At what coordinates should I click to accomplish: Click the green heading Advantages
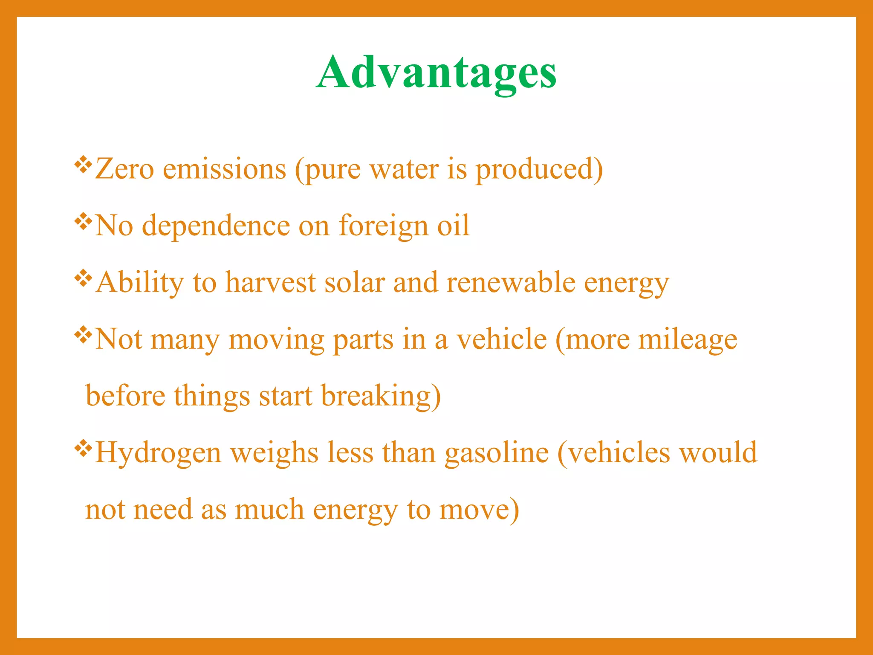pyautogui.click(x=436, y=72)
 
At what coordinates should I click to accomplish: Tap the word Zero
pyautogui.click(x=124, y=169)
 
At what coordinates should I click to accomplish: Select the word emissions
pyautogui.click(x=225, y=169)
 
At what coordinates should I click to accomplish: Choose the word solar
pyautogui.click(x=355, y=282)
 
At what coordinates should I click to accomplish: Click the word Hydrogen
pyautogui.click(x=158, y=453)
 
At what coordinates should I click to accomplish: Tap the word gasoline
pyautogui.click(x=497, y=453)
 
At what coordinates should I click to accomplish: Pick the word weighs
pyautogui.click(x=275, y=453)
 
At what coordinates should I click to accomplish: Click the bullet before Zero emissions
pyautogui.click(x=83, y=165)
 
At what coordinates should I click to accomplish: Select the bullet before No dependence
pyautogui.click(x=83, y=221)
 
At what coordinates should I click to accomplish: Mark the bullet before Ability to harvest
pyautogui.click(x=83, y=278)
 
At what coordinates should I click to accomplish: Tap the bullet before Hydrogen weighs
pyautogui.click(x=83, y=448)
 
